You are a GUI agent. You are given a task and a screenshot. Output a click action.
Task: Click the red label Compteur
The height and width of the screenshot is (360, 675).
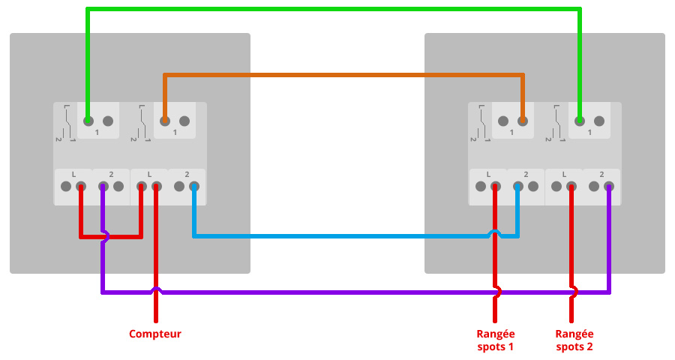pos(155,334)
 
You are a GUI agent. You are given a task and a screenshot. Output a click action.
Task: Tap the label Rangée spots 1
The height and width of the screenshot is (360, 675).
pos(496,340)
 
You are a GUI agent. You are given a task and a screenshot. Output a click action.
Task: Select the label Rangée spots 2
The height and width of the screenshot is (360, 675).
pos(574,340)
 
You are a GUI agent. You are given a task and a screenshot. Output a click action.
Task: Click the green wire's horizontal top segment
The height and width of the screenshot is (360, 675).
pos(334,9)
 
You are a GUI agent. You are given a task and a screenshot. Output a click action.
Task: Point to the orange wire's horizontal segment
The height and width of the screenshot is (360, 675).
pos(343,75)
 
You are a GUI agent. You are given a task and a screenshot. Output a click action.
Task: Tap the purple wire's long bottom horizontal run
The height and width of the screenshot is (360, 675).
pos(355,292)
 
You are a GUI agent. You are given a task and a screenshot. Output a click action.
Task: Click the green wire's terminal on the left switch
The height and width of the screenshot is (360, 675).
pos(88,121)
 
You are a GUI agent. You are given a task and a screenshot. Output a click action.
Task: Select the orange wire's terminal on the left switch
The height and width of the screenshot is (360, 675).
pos(165,121)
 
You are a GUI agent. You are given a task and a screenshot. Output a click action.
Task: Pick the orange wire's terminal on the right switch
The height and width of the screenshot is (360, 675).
pos(523,121)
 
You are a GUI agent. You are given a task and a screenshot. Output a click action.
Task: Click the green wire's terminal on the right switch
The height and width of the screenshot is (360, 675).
pos(580,121)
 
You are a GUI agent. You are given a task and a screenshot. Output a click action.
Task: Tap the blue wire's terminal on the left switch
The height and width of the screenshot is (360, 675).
pos(194,187)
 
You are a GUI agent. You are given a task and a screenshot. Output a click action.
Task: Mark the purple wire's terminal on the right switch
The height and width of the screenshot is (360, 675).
pos(609,187)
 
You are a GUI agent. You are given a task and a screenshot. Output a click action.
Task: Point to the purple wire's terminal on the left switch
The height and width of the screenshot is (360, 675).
pos(103,187)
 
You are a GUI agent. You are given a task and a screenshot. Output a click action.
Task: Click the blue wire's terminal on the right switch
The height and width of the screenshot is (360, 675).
pos(517,187)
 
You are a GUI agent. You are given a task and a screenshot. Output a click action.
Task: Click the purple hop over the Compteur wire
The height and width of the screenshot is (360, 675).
pos(156,290)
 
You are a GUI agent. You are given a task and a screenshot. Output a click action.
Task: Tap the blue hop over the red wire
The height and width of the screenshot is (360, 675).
pos(495,233)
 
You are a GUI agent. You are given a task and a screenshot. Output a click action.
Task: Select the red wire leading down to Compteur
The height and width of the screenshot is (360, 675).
pos(156,253)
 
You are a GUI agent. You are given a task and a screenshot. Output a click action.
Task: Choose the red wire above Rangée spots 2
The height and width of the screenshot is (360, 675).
pos(571,253)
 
